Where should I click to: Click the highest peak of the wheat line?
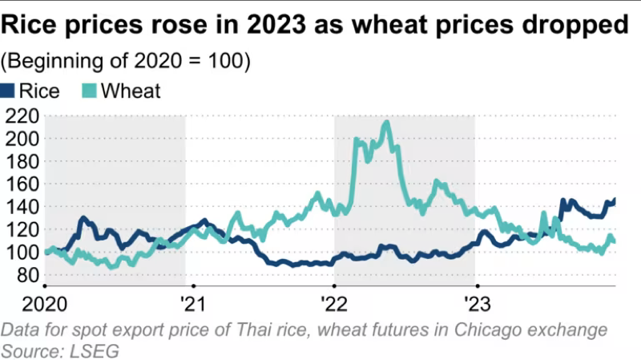point(387,123)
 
